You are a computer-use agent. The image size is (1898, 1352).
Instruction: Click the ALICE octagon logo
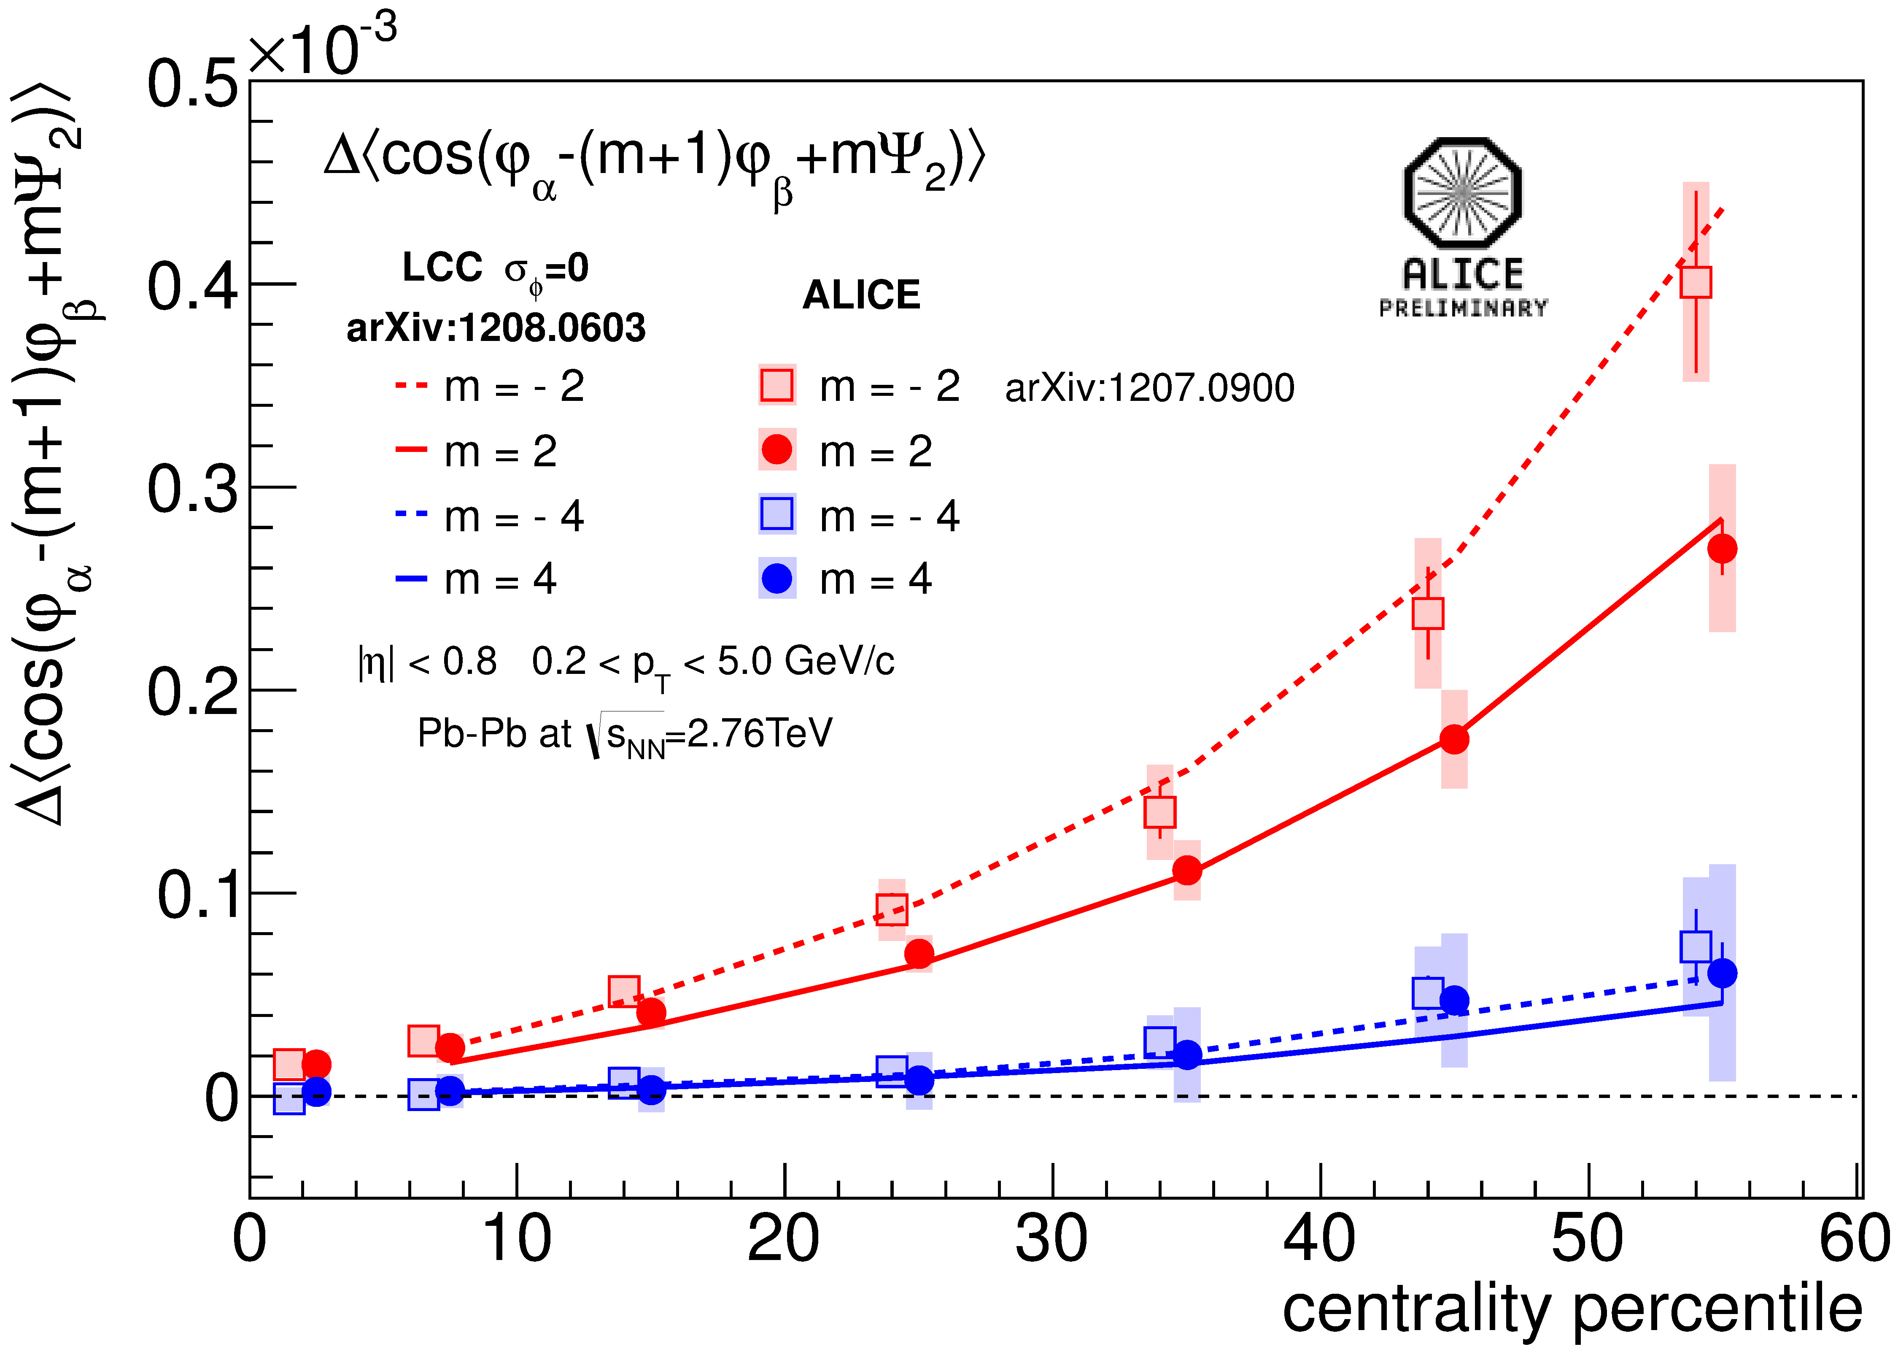[x=1462, y=193]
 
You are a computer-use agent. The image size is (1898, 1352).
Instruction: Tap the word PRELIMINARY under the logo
[x=1463, y=308]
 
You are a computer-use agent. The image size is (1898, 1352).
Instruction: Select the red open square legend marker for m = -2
[x=776, y=384]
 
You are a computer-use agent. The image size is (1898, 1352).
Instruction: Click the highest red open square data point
[x=1695, y=282]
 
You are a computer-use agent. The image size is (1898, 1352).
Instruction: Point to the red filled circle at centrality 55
[x=1722, y=549]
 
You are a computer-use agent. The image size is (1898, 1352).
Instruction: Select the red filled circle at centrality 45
[x=1454, y=738]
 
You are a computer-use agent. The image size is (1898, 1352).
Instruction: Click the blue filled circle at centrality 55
[x=1722, y=972]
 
